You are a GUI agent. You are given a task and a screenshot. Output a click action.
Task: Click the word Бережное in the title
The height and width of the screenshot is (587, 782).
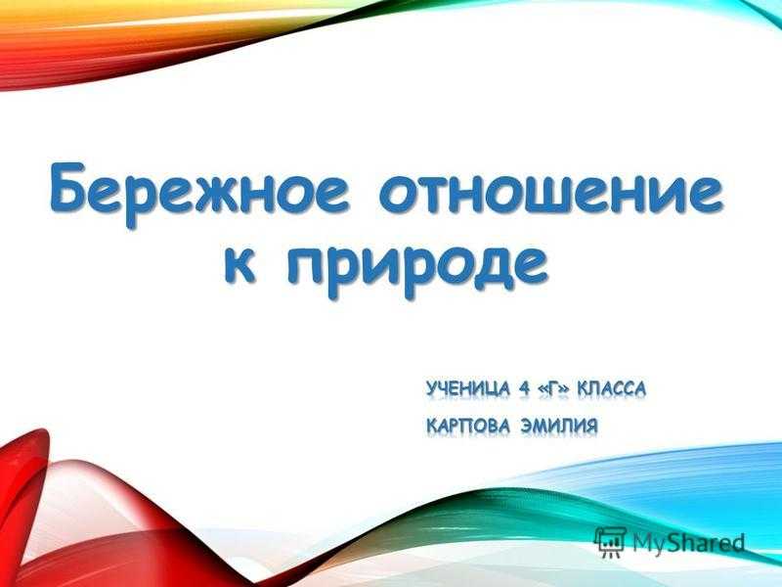point(199,194)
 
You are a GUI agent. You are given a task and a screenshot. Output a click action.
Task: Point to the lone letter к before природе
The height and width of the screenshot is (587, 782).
point(239,263)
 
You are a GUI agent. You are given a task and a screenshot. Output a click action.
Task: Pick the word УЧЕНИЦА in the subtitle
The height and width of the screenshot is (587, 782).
point(468,388)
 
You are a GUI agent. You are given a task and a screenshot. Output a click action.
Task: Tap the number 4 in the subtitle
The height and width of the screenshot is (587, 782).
point(523,388)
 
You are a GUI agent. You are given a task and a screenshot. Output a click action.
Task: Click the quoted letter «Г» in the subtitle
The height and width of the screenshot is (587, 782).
point(553,388)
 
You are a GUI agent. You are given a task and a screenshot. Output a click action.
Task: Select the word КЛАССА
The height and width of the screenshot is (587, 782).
point(611,388)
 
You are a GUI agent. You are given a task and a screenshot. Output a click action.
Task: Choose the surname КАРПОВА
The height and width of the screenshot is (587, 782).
point(468,426)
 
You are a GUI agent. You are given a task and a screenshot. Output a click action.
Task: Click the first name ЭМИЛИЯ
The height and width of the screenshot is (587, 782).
point(558,426)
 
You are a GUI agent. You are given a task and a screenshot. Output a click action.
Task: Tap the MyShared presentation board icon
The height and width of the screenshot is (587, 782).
point(610,542)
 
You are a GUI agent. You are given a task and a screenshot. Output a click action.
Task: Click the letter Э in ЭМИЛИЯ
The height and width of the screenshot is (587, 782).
point(526,426)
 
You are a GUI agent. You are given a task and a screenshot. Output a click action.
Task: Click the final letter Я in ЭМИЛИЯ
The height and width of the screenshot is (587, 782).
point(591,426)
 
